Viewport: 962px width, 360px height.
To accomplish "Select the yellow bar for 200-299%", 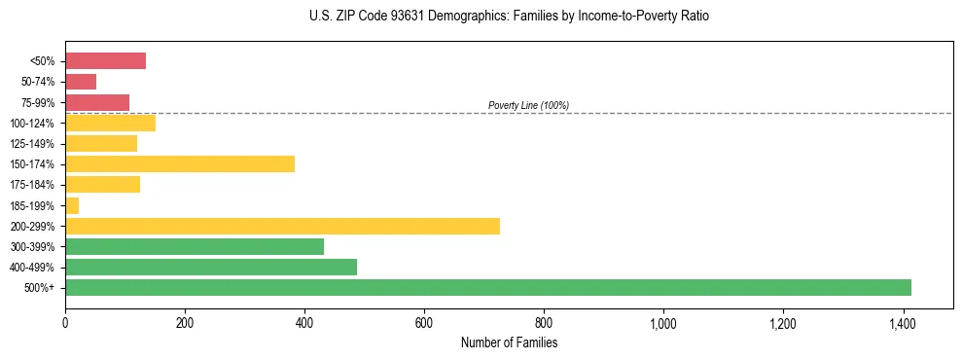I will (x=282, y=226).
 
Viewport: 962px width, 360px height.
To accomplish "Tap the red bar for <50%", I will (x=105, y=61).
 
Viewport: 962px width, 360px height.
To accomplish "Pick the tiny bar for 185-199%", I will (x=72, y=205).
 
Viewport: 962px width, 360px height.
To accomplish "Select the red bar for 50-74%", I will (x=81, y=82).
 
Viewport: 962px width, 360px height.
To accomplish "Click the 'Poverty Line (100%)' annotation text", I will (x=528, y=105).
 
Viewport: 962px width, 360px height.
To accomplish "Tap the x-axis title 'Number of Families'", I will (x=509, y=342).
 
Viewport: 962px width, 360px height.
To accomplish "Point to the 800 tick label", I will (x=544, y=323).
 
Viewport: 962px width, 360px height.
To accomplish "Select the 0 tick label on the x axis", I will (x=65, y=323).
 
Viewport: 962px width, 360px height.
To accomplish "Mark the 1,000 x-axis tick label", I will (x=663, y=323).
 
